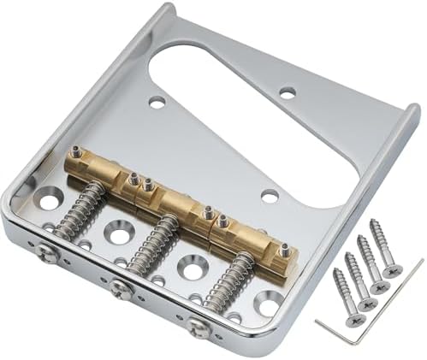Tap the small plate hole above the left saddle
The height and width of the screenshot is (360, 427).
157,102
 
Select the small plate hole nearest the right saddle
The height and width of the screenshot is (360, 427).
270,196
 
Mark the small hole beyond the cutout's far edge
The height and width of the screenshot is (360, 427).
288,91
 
